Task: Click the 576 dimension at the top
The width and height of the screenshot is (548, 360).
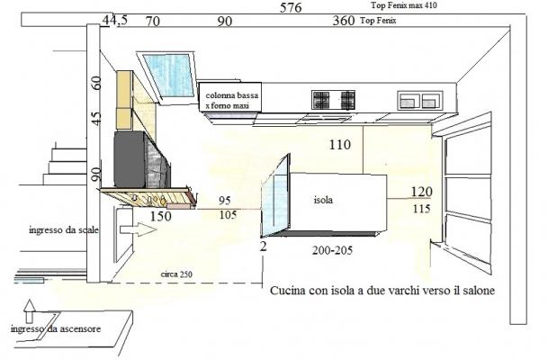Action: click(x=291, y=7)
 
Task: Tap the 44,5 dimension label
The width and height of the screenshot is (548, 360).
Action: click(x=115, y=21)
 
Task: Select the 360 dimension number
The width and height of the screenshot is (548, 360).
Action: click(x=344, y=21)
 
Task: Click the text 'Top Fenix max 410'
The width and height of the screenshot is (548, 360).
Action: click(x=404, y=5)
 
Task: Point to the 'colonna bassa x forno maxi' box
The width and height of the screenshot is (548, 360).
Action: click(x=230, y=97)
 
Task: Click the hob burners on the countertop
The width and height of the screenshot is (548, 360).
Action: click(x=334, y=100)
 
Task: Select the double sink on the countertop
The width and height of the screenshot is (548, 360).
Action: click(x=420, y=100)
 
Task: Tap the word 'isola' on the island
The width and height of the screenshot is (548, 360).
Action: click(x=323, y=200)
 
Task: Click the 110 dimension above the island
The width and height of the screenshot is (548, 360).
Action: click(x=340, y=144)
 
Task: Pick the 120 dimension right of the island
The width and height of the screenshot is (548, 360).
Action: click(x=421, y=192)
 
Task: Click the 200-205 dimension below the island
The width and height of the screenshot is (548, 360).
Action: click(x=332, y=250)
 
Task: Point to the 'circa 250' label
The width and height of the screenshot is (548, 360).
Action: click(x=176, y=274)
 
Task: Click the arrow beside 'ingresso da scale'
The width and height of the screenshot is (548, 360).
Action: click(x=138, y=229)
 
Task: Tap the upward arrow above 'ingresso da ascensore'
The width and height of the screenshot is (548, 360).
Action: click(x=30, y=310)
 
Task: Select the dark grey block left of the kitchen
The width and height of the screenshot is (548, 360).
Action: click(x=130, y=159)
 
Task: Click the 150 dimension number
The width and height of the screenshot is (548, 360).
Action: click(x=161, y=216)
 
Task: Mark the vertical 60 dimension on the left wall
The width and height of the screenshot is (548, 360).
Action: click(x=96, y=83)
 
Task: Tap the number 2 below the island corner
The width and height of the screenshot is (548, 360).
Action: click(x=263, y=247)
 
